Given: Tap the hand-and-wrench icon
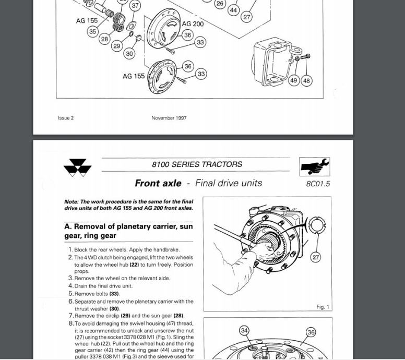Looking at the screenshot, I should pyautogui.click(x=315, y=166).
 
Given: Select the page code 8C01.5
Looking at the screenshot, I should pyautogui.click(x=318, y=184).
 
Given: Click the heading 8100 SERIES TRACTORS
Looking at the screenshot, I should pyautogui.click(x=197, y=164).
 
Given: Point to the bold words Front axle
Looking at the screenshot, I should pyautogui.click(x=158, y=183).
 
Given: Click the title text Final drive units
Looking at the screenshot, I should pyautogui.click(x=229, y=183).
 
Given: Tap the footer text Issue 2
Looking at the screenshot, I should pyautogui.click(x=66, y=118).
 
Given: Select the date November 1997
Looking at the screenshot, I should pyautogui.click(x=169, y=118).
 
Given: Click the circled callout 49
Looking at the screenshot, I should pyautogui.click(x=294, y=80).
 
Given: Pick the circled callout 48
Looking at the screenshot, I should pyautogui.click(x=306, y=80).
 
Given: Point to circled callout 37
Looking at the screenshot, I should pyautogui.click(x=135, y=6).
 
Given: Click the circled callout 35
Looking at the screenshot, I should pyautogui.click(x=92, y=32).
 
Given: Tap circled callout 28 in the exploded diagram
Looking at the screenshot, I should pyautogui.click(x=105, y=39).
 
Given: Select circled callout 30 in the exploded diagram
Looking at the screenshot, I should pyautogui.click(x=129, y=53).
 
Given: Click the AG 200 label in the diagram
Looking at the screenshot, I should pyautogui.click(x=193, y=24).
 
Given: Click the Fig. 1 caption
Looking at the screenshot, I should pyautogui.click(x=323, y=307).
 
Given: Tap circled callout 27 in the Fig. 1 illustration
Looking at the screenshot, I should pyautogui.click(x=316, y=257).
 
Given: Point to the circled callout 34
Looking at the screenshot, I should pyautogui.click(x=244, y=330).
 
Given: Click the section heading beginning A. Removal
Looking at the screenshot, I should pyautogui.click(x=128, y=231).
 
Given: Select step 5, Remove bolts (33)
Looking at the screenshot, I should pyautogui.click(x=97, y=294).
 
